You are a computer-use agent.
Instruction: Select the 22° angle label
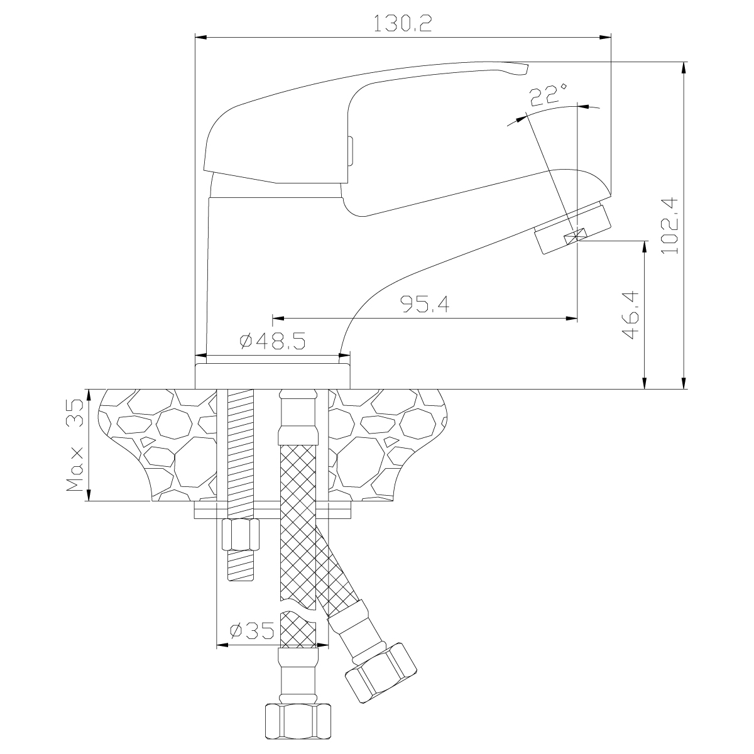click(x=547, y=96)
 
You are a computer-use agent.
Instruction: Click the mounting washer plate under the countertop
click(x=273, y=510)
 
